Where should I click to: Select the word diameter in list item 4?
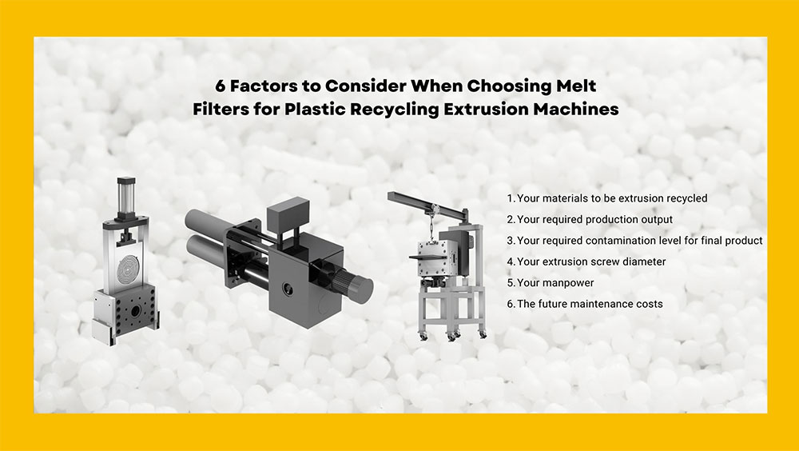tap(643, 261)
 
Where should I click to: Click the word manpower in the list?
tap(567, 282)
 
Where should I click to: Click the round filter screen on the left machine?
tap(130, 265)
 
